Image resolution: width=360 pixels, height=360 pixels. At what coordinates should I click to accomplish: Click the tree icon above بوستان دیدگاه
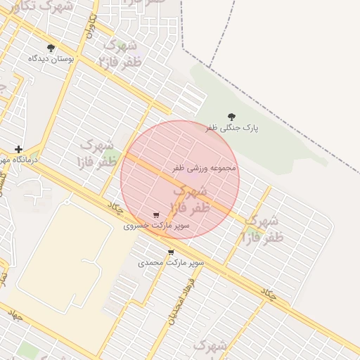pyautogui.click(x=51, y=48)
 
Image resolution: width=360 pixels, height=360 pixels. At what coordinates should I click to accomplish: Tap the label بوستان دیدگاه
pyautogui.click(x=51, y=59)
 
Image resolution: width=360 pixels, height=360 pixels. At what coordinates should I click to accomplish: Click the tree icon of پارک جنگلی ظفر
pyautogui.click(x=232, y=117)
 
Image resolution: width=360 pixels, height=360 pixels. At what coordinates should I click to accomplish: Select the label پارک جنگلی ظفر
pyautogui.click(x=232, y=129)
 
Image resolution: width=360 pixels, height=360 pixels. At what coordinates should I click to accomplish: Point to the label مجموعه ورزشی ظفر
pyautogui.click(x=205, y=169)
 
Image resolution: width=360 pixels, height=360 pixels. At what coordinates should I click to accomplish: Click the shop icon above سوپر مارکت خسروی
pyautogui.click(x=156, y=215)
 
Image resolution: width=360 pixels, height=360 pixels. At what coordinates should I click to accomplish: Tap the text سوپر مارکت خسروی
pyautogui.click(x=147, y=226)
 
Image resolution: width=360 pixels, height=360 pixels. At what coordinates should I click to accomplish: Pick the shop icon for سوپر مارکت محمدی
pyautogui.click(x=171, y=252)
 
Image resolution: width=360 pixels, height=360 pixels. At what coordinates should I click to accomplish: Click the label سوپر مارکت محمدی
pyautogui.click(x=171, y=262)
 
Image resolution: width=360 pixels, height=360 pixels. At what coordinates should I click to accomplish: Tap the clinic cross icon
pyautogui.click(x=18, y=149)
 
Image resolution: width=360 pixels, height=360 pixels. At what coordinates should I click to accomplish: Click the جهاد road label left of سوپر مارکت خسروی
pyautogui.click(x=115, y=208)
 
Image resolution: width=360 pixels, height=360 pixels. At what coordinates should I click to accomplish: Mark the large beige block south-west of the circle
pyautogui.click(x=63, y=253)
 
